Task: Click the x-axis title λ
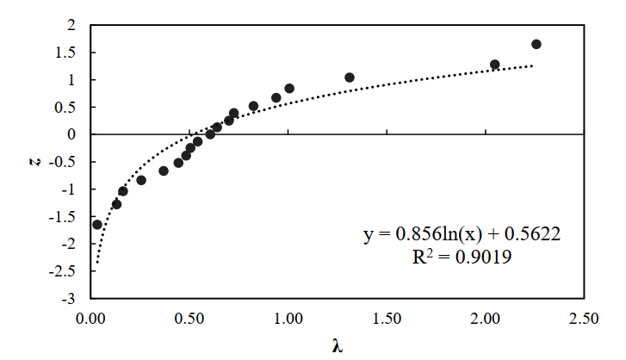(x=338, y=346)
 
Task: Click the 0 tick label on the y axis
(x=73, y=134)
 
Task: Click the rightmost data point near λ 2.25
(x=536, y=44)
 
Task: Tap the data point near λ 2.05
(x=495, y=65)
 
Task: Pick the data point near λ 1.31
(x=350, y=78)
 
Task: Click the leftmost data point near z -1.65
(x=97, y=225)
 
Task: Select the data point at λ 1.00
(x=289, y=89)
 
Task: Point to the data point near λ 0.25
(x=141, y=180)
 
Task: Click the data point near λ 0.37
(x=164, y=171)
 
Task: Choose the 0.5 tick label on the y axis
(x=68, y=107)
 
